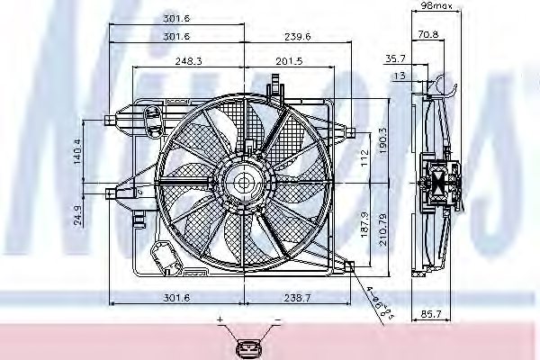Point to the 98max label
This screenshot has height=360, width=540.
click(436, 6)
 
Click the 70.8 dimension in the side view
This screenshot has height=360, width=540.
click(428, 34)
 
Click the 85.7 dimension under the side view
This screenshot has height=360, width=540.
click(432, 315)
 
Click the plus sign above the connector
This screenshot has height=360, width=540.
click(219, 320)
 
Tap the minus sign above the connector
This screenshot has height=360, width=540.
click(277, 320)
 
